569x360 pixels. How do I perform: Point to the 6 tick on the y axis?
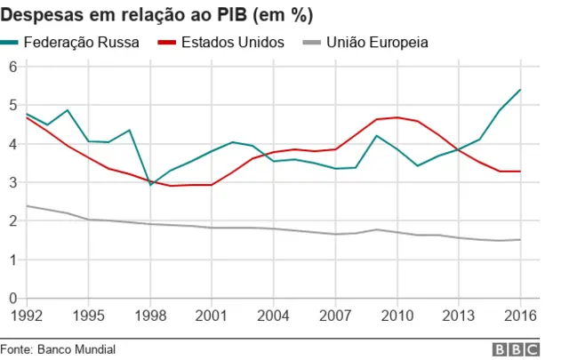point(13,67)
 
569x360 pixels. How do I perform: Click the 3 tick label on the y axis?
point(13,183)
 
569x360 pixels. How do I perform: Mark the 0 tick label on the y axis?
point(13,299)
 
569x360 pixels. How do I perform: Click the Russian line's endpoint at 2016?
point(520,90)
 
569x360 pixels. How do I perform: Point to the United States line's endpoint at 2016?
point(520,172)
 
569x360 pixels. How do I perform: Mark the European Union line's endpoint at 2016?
point(520,240)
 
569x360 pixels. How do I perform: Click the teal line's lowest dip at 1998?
point(150,184)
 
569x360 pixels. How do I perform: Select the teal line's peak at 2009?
point(377,136)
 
